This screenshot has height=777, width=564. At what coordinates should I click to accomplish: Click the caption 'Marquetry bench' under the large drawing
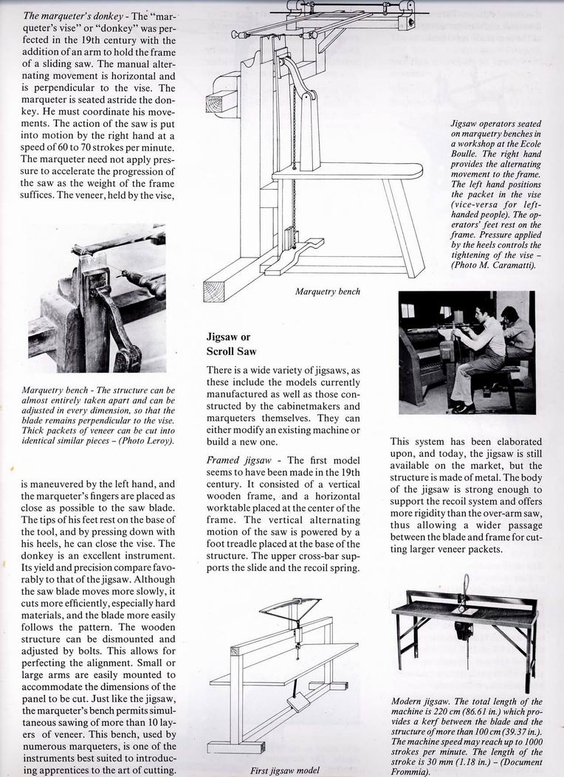click(x=328, y=291)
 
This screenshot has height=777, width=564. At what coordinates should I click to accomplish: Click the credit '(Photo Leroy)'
click(x=147, y=442)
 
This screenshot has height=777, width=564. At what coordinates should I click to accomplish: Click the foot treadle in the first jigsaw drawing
click(x=300, y=702)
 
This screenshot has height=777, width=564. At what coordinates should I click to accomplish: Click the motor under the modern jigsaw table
click(x=464, y=633)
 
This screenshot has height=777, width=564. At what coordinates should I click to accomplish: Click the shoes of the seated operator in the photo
click(x=463, y=406)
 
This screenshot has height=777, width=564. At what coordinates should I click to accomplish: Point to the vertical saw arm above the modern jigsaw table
click(x=466, y=590)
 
